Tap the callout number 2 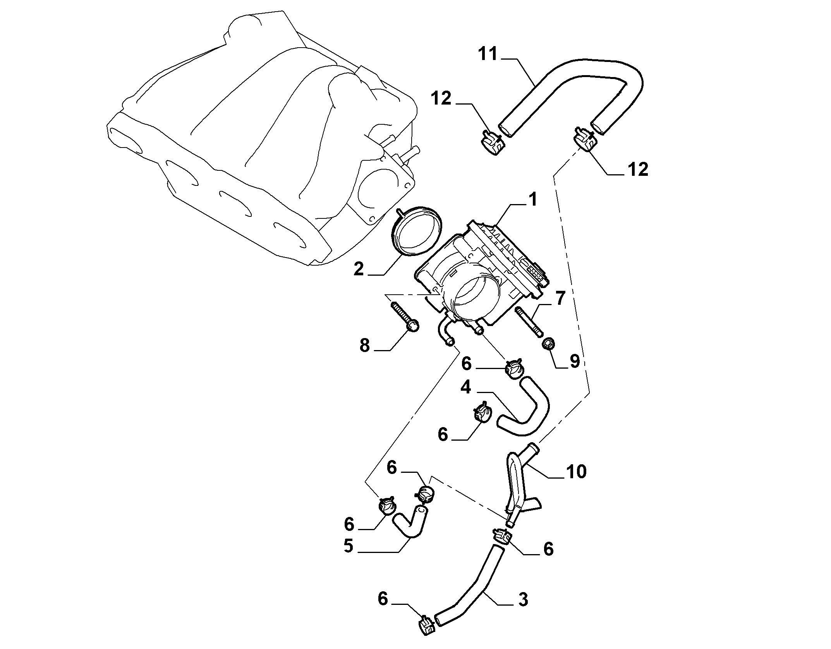[359, 269]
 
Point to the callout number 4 [465, 387]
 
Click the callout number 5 [348, 546]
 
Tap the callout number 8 [364, 345]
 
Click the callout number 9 [574, 361]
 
